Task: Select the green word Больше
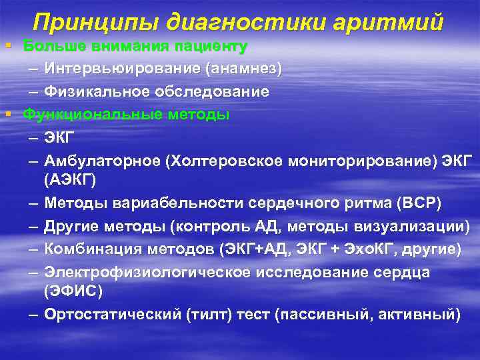point(49,46)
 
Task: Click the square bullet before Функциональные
point(7,114)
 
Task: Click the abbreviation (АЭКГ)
point(70,178)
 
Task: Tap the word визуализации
point(414,226)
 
